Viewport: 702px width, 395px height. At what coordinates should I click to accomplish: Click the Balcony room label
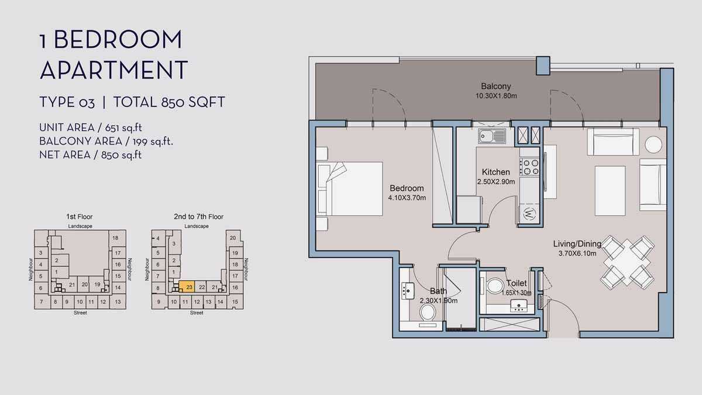[496, 86]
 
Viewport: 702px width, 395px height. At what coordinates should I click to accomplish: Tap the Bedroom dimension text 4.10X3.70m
[407, 198]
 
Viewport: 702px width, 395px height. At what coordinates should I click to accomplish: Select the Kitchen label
[496, 172]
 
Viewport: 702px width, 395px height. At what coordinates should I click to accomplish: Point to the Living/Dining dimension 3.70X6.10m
[577, 253]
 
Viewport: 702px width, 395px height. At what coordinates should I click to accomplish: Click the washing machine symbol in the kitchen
[529, 214]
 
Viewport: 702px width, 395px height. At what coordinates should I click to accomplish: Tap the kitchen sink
[492, 136]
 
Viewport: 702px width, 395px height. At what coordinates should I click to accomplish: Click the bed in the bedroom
[350, 188]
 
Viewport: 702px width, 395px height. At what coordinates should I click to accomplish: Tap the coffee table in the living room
[610, 191]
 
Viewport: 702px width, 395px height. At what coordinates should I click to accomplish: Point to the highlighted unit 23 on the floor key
[187, 287]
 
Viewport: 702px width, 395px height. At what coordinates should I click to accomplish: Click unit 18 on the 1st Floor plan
[115, 238]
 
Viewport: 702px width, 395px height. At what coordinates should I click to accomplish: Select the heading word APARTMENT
[113, 70]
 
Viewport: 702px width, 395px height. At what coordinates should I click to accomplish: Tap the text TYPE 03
[67, 102]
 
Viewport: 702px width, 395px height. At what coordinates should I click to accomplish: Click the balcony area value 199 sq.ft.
[153, 142]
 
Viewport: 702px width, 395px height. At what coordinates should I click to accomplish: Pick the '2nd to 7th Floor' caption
[199, 217]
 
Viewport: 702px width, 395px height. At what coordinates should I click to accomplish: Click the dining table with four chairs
[627, 263]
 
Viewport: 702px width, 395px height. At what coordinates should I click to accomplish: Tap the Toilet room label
[517, 283]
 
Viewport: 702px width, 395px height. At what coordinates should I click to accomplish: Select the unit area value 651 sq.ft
[123, 128]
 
